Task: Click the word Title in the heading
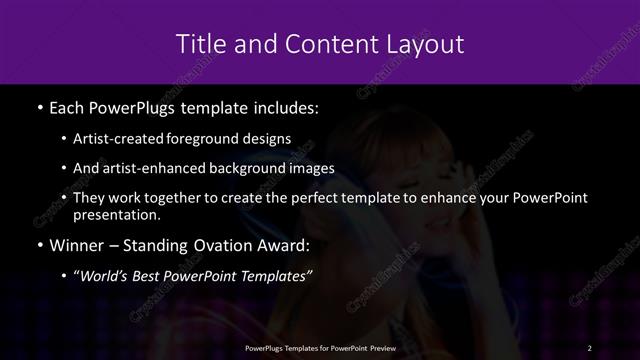(x=198, y=44)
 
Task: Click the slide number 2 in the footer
(x=590, y=347)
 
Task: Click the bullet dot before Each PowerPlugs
(x=38, y=107)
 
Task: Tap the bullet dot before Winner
(x=38, y=245)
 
